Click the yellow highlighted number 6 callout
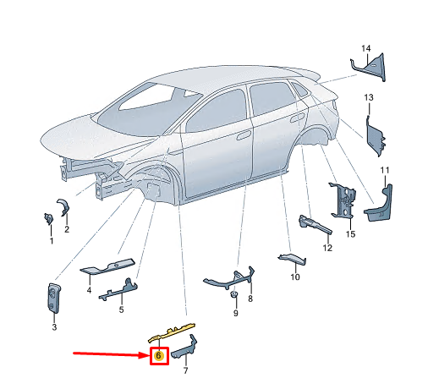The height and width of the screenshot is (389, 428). (x=158, y=356)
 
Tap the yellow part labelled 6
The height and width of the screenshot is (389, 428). (x=172, y=332)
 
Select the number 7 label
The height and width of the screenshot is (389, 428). (x=185, y=370)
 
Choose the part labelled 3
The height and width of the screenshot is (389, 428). (x=53, y=299)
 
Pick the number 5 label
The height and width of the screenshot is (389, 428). (x=121, y=310)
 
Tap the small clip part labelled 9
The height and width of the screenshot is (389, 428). (x=233, y=294)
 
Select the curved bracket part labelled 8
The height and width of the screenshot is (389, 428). (x=228, y=279)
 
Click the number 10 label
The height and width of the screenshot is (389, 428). (x=295, y=277)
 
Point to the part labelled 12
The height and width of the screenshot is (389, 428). (x=315, y=225)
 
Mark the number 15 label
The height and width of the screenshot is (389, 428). (x=350, y=234)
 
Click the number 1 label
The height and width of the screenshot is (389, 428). (x=52, y=241)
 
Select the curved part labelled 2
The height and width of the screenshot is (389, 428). (x=63, y=207)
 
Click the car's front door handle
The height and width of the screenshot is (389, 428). (x=244, y=135)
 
